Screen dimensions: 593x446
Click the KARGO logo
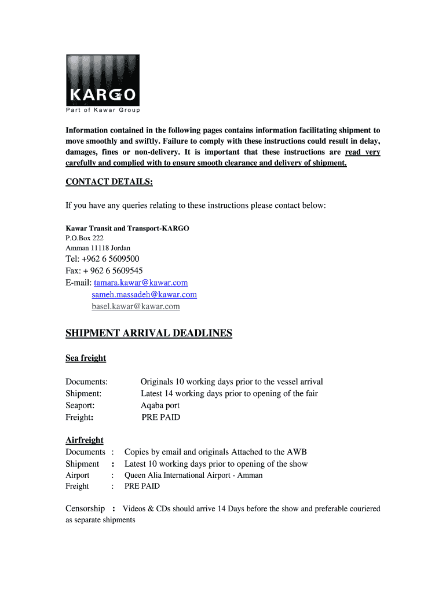[x=103, y=80]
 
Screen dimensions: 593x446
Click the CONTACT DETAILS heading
[x=109, y=182]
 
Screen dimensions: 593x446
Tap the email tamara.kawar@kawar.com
[x=141, y=283]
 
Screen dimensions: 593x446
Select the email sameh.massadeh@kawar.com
[x=144, y=294]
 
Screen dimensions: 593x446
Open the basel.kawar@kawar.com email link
[x=136, y=306]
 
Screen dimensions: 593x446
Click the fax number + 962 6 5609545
[x=115, y=270]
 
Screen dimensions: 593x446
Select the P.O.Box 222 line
[x=85, y=237]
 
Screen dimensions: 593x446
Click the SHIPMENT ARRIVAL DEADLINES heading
[x=149, y=333]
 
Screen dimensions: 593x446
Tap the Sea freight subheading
[x=86, y=358]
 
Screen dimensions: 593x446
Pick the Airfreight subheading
[x=85, y=440]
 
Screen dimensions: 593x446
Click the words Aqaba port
[x=160, y=405]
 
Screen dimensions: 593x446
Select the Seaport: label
[x=80, y=405]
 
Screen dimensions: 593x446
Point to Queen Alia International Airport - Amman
[x=193, y=475]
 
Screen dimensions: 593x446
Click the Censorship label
[x=85, y=508]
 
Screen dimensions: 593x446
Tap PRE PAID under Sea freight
[x=161, y=417]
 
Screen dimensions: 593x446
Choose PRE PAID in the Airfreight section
[x=142, y=486]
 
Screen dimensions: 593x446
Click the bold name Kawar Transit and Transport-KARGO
[x=127, y=228]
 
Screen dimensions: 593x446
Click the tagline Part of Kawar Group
[x=103, y=110]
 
